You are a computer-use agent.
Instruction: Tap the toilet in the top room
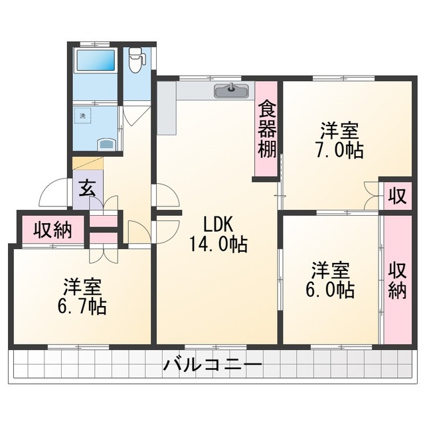pyautogui.click(x=136, y=60)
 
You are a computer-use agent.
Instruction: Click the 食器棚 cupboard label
pyautogui.click(x=266, y=129)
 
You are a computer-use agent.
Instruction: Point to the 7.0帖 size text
pyautogui.click(x=339, y=149)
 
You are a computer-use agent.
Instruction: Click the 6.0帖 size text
pyautogui.click(x=330, y=290)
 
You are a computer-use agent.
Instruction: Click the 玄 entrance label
pyautogui.click(x=88, y=189)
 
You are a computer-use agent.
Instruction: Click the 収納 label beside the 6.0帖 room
pyautogui.click(x=397, y=281)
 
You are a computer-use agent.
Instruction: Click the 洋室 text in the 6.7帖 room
pyautogui.click(x=83, y=287)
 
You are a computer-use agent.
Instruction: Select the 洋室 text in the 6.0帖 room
pyautogui.click(x=330, y=270)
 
